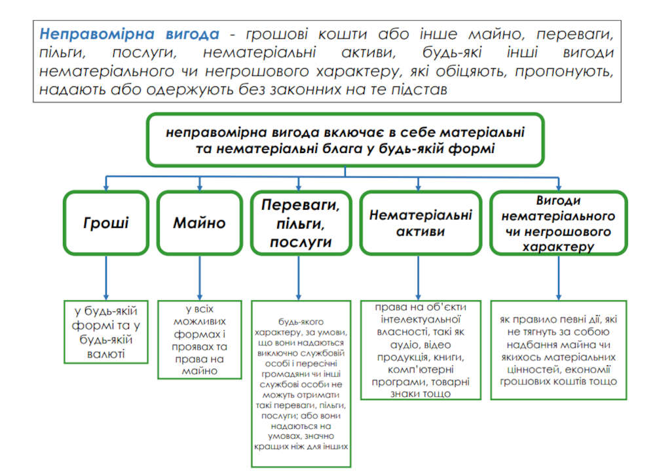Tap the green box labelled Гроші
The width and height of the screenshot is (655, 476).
[105, 222]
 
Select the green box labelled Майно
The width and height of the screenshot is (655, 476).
[199, 222]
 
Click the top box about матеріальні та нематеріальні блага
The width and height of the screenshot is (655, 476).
[345, 140]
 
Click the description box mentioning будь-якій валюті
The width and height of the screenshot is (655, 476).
[106, 331]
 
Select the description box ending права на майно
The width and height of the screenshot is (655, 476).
[200, 339]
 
